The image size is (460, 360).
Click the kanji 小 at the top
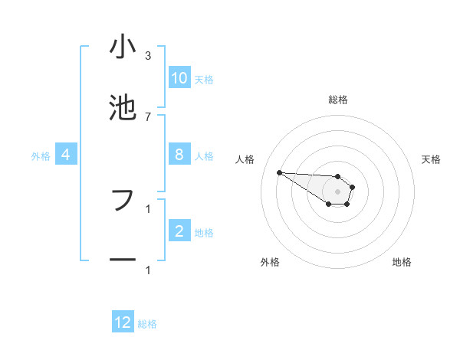pyautogui.click(x=123, y=47)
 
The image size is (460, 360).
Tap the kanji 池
pyautogui.click(x=123, y=107)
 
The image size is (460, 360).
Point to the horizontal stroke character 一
pyautogui.click(x=123, y=260)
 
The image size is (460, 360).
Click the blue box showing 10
pyautogui.click(x=179, y=78)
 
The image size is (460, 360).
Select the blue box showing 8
pyautogui.click(x=179, y=155)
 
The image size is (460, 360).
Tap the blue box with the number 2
pyautogui.click(x=179, y=231)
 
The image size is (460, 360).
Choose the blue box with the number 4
pyautogui.click(x=66, y=155)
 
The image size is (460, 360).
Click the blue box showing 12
pyautogui.click(x=123, y=322)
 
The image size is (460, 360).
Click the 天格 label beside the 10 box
pyautogui.click(x=204, y=80)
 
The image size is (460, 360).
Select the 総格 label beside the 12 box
pyautogui.click(x=147, y=324)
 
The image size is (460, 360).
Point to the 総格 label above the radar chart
pyautogui.click(x=338, y=100)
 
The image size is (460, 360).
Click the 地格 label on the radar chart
pyautogui.click(x=402, y=262)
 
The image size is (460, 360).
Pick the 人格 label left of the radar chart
pyautogui.click(x=245, y=159)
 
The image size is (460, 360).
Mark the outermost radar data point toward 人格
pyautogui.click(x=279, y=172)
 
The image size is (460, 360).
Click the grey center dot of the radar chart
pyautogui.click(x=337, y=191)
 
